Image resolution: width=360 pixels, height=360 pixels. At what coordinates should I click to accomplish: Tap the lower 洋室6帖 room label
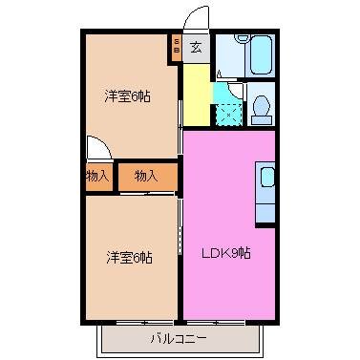click(129, 256)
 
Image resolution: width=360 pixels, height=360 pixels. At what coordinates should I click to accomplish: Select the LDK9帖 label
click(225, 253)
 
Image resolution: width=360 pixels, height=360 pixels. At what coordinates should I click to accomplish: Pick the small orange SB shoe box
click(176, 47)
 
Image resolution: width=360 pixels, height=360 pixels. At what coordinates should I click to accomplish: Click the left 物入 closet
click(97, 176)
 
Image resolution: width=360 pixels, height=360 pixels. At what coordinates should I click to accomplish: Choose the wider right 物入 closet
click(146, 176)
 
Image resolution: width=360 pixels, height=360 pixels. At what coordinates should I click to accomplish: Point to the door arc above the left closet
click(97, 147)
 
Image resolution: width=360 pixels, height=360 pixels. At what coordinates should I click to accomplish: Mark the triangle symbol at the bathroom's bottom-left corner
click(219, 74)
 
